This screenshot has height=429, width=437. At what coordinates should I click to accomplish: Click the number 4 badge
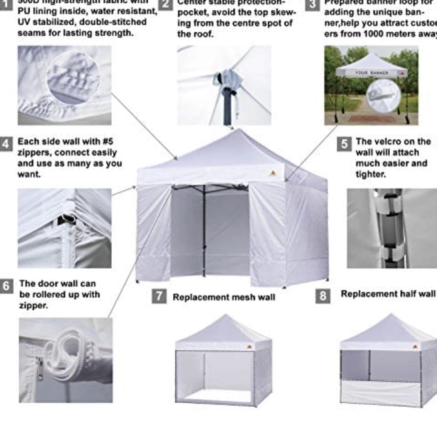[x=6, y=143]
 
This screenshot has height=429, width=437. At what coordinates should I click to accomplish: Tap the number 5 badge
[x=344, y=144]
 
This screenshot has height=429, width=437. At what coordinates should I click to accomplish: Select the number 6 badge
[x=6, y=286]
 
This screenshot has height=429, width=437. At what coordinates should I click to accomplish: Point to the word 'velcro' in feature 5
[x=400, y=141]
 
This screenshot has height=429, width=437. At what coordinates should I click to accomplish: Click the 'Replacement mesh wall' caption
[x=224, y=297]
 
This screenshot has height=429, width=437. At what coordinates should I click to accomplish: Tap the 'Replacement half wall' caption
[x=388, y=294]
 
